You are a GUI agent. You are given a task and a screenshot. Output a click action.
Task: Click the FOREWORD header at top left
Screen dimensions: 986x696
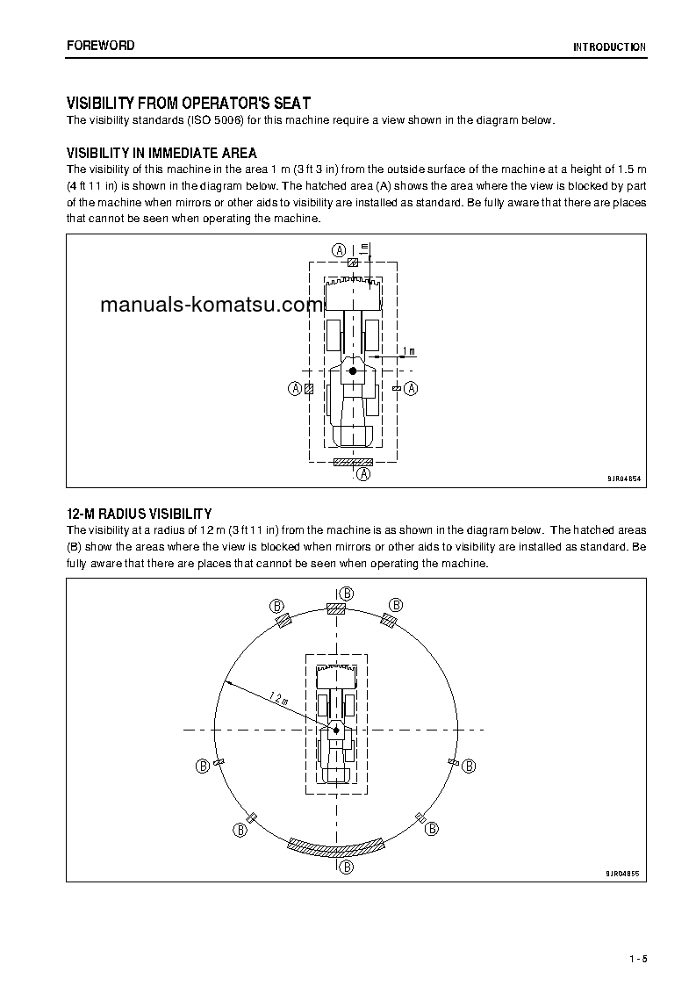coord(100,46)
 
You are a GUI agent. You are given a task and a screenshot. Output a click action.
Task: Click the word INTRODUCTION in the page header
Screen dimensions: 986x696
coord(609,47)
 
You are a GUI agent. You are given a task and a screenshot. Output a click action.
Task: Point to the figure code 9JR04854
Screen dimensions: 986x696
coord(623,479)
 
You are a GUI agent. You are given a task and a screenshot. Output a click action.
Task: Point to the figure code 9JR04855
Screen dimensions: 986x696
coord(623,874)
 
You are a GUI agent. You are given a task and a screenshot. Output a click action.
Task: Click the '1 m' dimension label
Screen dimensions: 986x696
coord(408,351)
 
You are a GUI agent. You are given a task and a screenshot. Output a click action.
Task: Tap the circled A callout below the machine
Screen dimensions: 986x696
coord(363,474)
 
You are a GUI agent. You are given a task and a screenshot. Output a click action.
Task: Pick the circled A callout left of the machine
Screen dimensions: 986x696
coord(295,388)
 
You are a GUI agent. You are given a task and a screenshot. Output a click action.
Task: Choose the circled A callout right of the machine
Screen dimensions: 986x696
coord(411,388)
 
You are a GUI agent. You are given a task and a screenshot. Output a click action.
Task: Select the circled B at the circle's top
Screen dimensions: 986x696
coord(347,594)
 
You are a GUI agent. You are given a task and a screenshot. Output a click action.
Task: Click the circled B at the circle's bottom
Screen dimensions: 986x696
coord(347,867)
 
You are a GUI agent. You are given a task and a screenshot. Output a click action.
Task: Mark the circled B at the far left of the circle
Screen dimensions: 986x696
coord(203,766)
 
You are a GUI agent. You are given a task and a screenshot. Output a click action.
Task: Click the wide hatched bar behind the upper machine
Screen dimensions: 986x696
coord(354,462)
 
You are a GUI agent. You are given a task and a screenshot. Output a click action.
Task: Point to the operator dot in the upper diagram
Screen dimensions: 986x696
coord(353,371)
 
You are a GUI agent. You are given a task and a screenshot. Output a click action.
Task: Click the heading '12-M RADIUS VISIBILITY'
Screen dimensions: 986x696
coord(139,514)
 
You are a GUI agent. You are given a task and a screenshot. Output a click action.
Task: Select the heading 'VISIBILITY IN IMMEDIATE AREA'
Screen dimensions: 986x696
coord(161,154)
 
